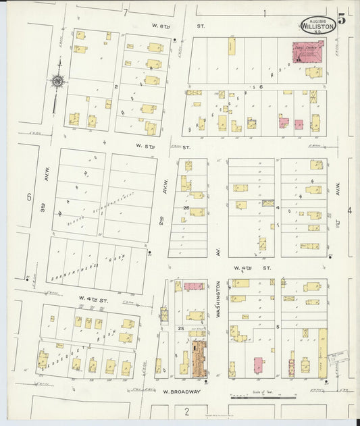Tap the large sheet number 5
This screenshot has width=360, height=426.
pyautogui.click(x=342, y=19)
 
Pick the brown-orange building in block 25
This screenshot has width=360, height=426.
pyautogui.click(x=199, y=358)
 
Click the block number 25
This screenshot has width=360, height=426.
pyautogui.click(x=180, y=328)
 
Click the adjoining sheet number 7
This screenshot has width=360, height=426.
pyautogui.click(x=125, y=13)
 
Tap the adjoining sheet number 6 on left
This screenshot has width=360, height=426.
pyautogui.click(x=29, y=197)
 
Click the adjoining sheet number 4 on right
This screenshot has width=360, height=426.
pyautogui.click(x=349, y=211)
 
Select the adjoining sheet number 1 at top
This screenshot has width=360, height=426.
pyautogui.click(x=265, y=13)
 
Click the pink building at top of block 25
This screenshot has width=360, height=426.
pyautogui.click(x=194, y=286)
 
